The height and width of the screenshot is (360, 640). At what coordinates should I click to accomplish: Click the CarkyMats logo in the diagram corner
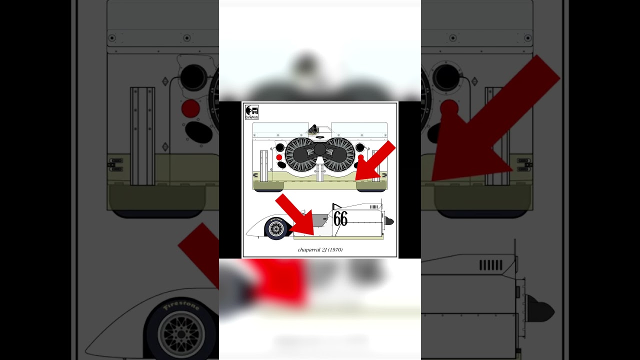click(252, 112)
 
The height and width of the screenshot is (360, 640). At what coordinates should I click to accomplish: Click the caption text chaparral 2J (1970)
click(320, 249)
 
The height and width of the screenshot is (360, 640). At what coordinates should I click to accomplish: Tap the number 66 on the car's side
click(340, 218)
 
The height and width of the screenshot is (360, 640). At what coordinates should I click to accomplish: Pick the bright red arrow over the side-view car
click(295, 215)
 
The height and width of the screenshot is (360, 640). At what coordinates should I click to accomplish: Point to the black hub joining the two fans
click(319, 149)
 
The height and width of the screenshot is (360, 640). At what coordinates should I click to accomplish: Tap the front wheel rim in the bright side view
click(276, 229)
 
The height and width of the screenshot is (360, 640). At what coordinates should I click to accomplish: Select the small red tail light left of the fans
click(279, 157)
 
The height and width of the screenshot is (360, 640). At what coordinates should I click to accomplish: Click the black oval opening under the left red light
click(281, 164)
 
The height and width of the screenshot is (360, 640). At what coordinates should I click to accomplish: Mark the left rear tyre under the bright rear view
click(269, 190)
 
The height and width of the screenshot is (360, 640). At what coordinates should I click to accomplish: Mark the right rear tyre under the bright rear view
click(370, 190)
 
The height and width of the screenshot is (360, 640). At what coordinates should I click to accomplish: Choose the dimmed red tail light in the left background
click(190, 108)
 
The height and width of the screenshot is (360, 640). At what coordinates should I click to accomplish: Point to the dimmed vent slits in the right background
click(491, 265)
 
